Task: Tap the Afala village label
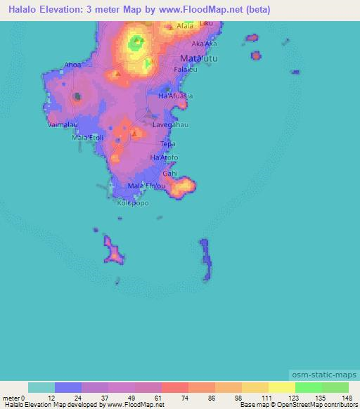[185, 26]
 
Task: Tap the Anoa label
[73, 65]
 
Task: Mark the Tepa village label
[167, 144]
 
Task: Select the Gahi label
[170, 173]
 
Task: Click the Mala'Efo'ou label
[147, 186]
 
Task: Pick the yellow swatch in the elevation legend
[281, 387]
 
